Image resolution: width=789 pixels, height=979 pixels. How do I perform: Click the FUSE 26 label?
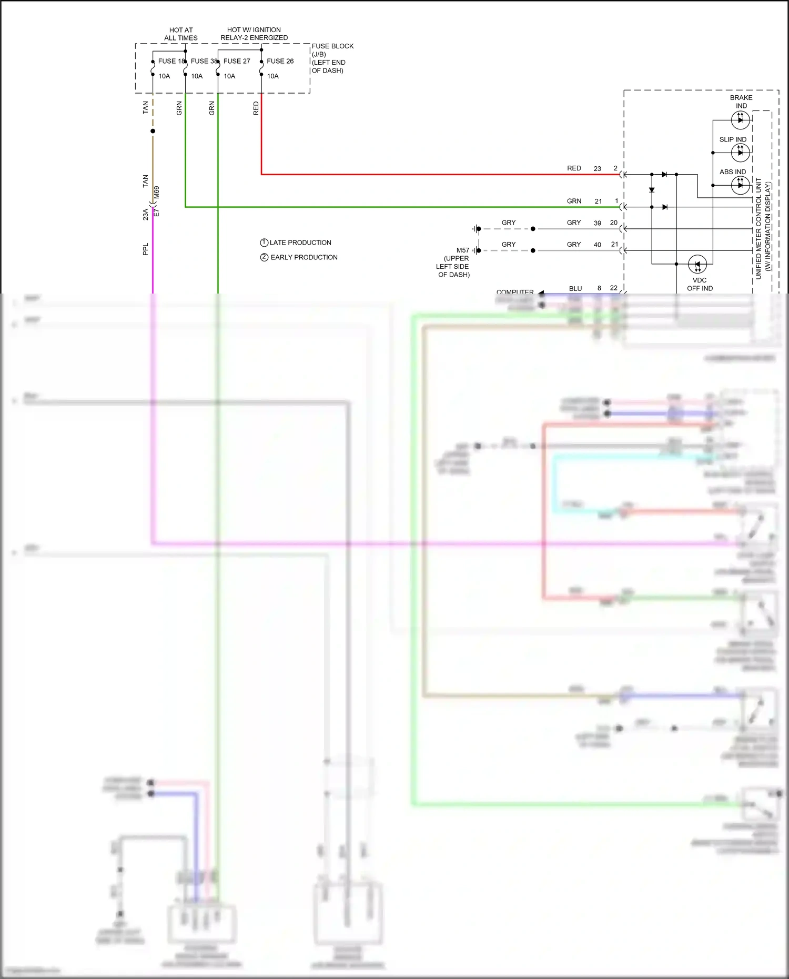280,61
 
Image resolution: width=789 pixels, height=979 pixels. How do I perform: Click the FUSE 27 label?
237,61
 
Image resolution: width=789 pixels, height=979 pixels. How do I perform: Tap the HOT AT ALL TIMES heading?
181,34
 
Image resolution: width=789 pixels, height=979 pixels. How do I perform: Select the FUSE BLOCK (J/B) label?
332,50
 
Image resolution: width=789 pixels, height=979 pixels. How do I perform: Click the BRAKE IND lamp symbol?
741,120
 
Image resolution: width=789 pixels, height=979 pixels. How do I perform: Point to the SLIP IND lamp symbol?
741,153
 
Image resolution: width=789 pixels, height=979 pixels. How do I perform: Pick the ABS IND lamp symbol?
741,185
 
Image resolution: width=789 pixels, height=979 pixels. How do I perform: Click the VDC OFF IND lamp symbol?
697,264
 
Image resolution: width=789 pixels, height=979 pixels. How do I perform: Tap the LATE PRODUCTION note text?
300,243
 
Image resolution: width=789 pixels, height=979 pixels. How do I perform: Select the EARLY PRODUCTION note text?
304,257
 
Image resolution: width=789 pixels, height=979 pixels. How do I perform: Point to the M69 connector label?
157,193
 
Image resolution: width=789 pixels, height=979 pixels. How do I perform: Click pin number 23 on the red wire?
598,169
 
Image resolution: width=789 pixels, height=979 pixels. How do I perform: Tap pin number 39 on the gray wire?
598,223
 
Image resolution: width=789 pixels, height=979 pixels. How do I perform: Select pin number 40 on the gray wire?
598,245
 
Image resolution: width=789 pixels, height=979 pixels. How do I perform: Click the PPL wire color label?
146,249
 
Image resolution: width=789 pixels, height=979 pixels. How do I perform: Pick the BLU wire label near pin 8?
575,288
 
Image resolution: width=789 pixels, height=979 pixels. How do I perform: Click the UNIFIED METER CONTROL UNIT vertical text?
758,229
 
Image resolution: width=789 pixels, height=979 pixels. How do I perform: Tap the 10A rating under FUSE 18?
164,76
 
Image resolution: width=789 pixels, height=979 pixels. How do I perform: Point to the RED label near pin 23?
574,168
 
